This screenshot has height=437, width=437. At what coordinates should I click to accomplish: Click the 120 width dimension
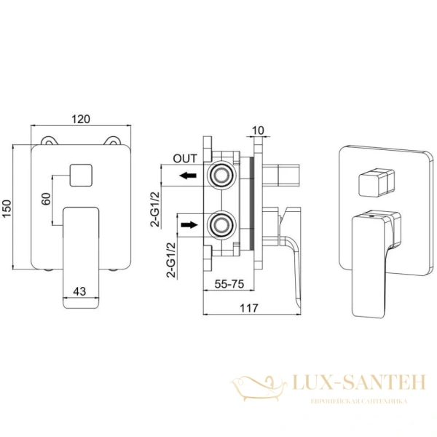[x=81, y=119]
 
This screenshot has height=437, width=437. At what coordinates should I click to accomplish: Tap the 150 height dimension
[x=7, y=208]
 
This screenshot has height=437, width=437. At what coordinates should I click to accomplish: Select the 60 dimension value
[x=47, y=199]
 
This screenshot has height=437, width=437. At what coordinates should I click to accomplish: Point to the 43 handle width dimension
[x=79, y=291]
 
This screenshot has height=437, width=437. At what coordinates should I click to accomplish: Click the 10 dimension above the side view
[x=258, y=130]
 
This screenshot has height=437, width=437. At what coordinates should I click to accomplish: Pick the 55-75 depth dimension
[x=229, y=284]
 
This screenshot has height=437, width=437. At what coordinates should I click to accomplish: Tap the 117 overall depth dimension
[x=249, y=308]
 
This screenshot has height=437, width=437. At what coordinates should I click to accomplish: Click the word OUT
[x=185, y=159]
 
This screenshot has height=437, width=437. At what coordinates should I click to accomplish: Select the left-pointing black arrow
[x=188, y=176]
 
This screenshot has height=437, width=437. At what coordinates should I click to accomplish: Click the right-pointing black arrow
[x=189, y=224]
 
